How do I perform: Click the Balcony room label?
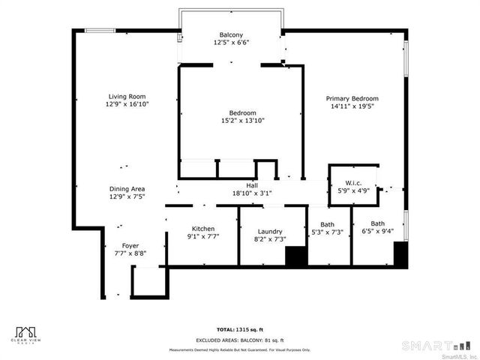click(231, 35)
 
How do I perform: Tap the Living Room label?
click(127, 97)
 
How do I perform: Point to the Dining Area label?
click(127, 189)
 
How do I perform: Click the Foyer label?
click(130, 245)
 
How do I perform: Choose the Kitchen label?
click(203, 229)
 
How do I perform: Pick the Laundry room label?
click(269, 232)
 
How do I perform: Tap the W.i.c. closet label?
click(354, 183)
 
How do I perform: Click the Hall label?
click(252, 185)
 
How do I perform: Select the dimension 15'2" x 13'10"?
click(243, 121)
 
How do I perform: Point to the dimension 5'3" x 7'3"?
click(327, 232)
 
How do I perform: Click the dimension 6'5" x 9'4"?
click(377, 232)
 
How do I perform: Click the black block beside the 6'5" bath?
click(400, 254)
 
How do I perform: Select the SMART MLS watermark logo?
click(439, 346)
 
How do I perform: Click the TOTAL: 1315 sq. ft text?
click(240, 329)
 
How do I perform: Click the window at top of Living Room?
click(100, 30)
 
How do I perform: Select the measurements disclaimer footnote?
click(240, 349)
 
